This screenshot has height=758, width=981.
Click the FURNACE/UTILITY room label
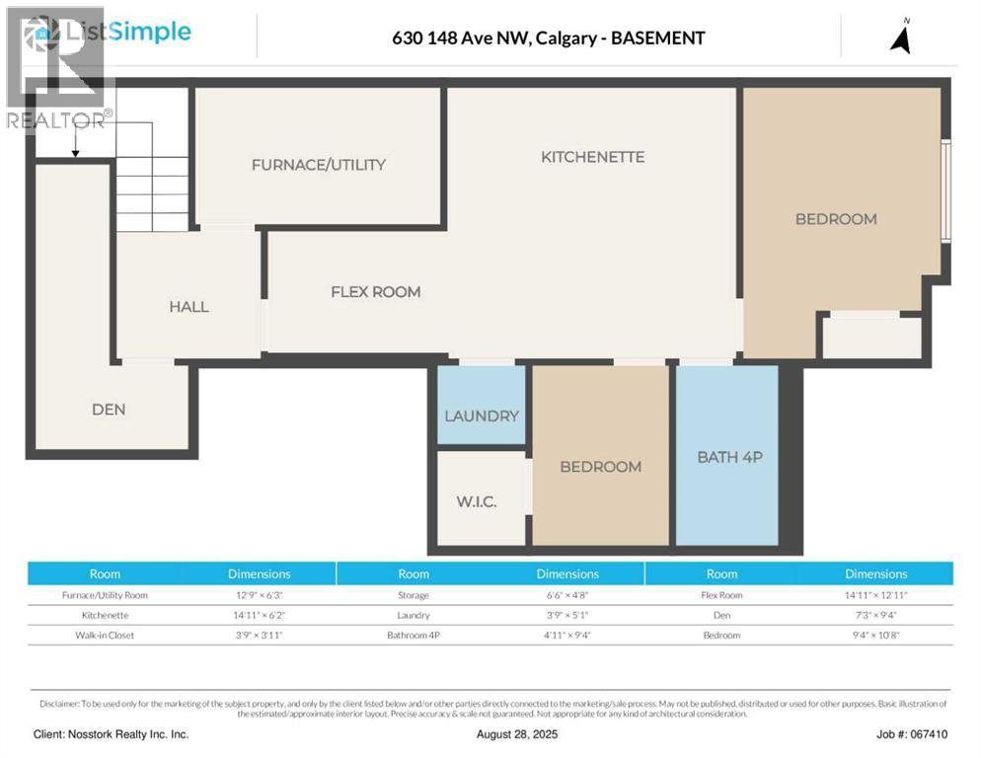tap(318, 165)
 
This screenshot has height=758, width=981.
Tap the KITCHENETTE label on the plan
tap(592, 157)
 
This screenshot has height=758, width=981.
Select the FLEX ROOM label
tap(375, 292)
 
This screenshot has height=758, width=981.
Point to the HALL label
tap(189, 307)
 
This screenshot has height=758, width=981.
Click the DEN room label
tap(109, 409)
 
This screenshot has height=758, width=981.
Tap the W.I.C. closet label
tap(476, 502)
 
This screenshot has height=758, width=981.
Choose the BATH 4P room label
tap(730, 457)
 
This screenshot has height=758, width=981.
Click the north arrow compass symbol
tap(900, 37)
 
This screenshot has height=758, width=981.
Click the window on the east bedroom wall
tap(945, 189)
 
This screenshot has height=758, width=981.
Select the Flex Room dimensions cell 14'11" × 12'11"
tap(875, 595)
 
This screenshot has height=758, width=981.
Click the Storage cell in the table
tap(414, 595)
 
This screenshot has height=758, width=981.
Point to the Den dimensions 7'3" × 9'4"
tap(875, 615)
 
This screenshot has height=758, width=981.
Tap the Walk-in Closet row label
tap(105, 635)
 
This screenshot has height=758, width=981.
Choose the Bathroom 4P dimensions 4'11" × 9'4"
tap(566, 635)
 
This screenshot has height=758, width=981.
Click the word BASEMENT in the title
tap(658, 38)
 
